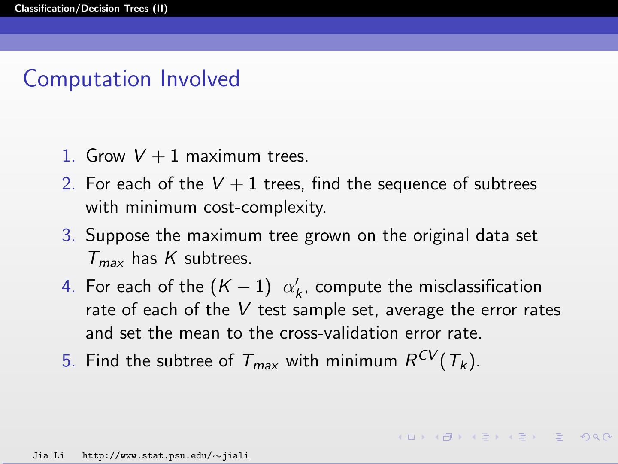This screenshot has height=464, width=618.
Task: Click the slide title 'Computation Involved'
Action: click(131, 79)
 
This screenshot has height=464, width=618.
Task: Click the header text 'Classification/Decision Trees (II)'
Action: click(91, 9)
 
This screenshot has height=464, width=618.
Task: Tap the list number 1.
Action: click(68, 156)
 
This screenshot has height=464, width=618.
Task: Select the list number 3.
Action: click(68, 235)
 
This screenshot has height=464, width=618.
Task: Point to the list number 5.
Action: click(68, 360)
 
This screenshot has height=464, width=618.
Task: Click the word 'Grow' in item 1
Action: click(106, 156)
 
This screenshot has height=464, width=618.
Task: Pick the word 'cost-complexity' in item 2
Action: click(265, 208)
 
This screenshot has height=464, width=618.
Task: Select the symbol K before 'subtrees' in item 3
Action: click(171, 258)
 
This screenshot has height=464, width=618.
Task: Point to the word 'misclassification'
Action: click(480, 287)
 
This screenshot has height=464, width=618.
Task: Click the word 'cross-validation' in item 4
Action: click(339, 333)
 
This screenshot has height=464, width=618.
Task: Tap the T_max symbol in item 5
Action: click(260, 361)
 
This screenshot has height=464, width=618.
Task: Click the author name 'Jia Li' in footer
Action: click(48, 455)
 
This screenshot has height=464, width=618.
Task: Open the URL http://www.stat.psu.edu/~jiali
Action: click(165, 455)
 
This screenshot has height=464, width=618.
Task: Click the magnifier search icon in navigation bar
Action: click(596, 437)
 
